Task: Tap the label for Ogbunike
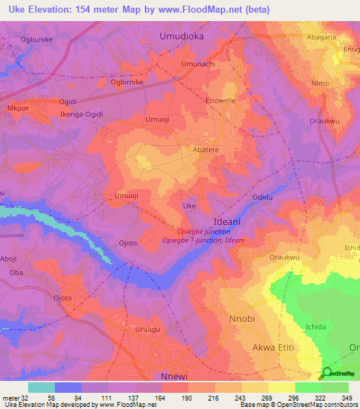click(37, 40)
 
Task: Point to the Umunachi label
click(198, 64)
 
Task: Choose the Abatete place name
click(210, 149)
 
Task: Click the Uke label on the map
click(189, 206)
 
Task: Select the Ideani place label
click(227, 221)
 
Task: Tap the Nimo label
click(320, 82)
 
